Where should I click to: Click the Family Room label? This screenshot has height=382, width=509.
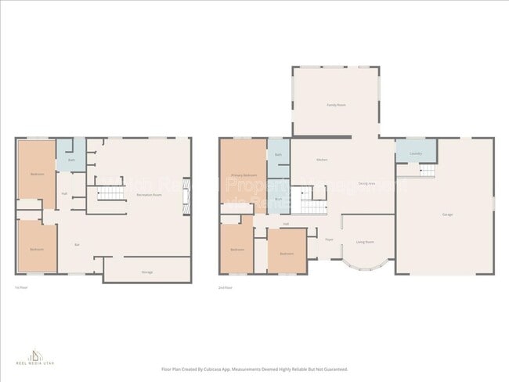pyautogui.click(x=336, y=104)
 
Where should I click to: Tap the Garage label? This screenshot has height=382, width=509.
pyautogui.click(x=446, y=214)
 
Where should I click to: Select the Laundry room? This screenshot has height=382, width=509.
pyautogui.click(x=415, y=153)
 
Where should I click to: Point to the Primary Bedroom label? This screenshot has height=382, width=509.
pyautogui.click(x=244, y=175)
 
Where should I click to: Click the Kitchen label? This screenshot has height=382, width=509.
pyautogui.click(x=322, y=160)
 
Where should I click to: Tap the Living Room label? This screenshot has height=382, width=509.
pyautogui.click(x=365, y=243)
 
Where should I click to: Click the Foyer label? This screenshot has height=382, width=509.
pyautogui.click(x=330, y=239)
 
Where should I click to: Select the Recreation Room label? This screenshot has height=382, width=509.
pyautogui.click(x=148, y=194)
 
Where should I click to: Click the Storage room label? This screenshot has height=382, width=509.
pyautogui.click(x=146, y=272)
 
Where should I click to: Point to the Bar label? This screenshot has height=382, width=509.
pyautogui.click(x=77, y=245)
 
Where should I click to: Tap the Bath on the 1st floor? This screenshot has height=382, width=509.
pyautogui.click(x=71, y=160)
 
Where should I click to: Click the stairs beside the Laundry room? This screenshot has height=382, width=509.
pyautogui.click(x=427, y=171)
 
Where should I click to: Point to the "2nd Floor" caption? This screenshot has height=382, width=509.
pyautogui.click(x=226, y=288)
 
